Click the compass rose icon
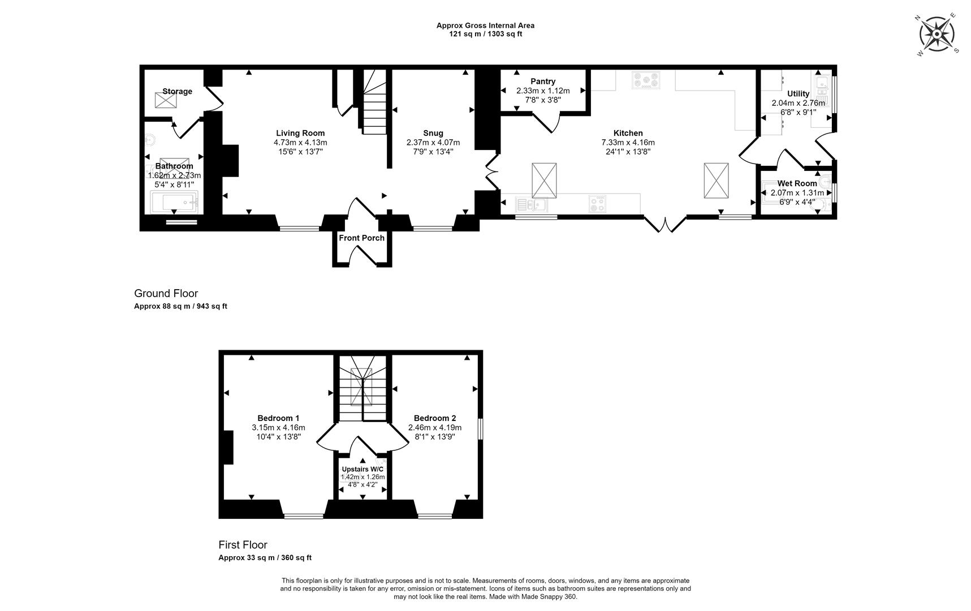(x=937, y=35)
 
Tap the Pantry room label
(x=543, y=81)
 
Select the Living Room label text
(x=300, y=134)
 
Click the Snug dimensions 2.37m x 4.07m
(x=433, y=143)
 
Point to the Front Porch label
(x=361, y=238)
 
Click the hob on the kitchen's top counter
(x=646, y=80)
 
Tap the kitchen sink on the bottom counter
(x=530, y=204)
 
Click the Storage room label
(x=177, y=92)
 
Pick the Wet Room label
(x=797, y=183)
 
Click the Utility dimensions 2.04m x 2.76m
(x=798, y=103)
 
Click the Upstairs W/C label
(x=362, y=470)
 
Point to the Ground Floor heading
(x=166, y=293)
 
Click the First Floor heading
(x=243, y=545)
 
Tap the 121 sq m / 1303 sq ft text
(x=485, y=34)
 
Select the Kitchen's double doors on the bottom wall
(x=665, y=224)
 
